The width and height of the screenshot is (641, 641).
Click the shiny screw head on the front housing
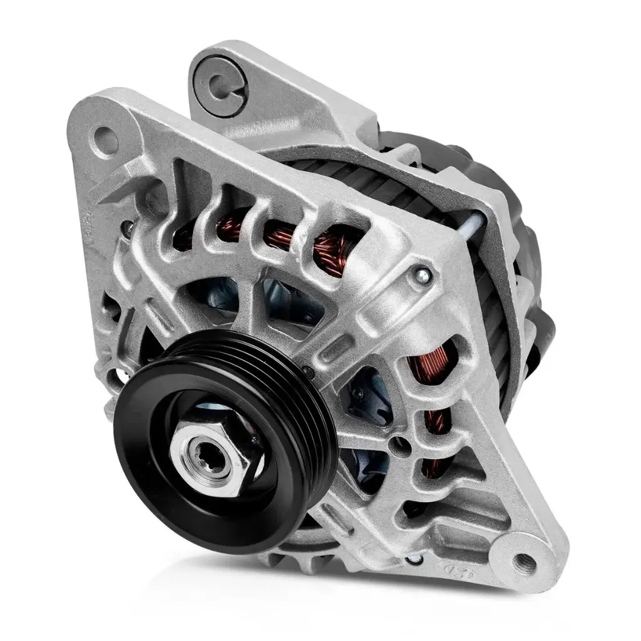[x=421, y=273]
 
